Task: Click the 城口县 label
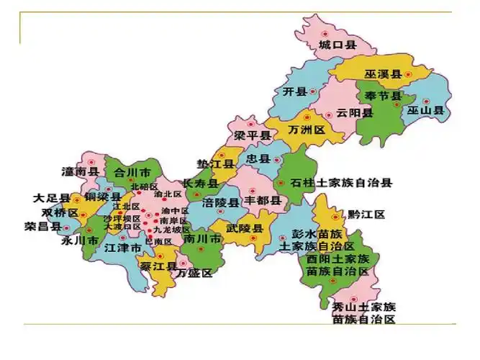tap(338, 45)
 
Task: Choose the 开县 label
tap(295, 91)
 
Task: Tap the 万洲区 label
tap(307, 130)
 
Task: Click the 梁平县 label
tap(252, 135)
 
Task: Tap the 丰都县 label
tap(261, 199)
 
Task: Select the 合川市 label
tap(132, 173)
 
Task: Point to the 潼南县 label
tap(80, 171)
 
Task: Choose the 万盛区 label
tap(195, 273)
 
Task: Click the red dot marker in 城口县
tap(325, 33)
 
